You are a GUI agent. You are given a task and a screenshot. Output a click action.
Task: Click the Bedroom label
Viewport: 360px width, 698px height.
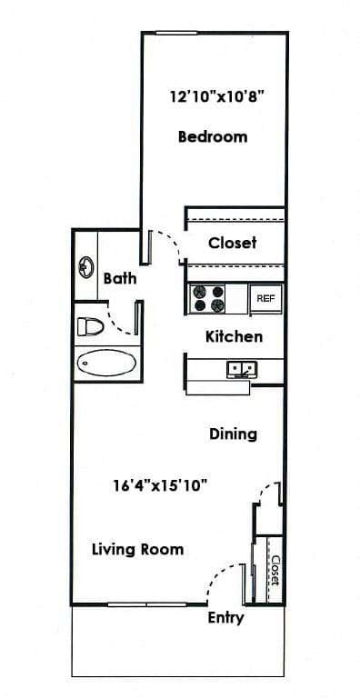pyautogui.click(x=213, y=136)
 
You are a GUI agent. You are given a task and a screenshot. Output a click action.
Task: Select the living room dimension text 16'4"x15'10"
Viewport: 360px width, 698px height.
pyautogui.click(x=160, y=484)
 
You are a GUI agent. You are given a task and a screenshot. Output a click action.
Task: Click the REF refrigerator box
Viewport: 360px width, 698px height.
pyautogui.click(x=265, y=299)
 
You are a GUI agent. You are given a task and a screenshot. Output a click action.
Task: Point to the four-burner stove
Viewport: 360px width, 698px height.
pyautogui.click(x=207, y=298)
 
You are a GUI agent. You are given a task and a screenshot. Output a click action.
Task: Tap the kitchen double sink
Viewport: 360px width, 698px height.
pyautogui.click(x=242, y=370)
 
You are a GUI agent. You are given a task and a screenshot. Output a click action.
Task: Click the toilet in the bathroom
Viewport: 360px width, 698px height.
pyautogui.click(x=90, y=326)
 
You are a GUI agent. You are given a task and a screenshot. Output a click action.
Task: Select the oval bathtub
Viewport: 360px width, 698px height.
pyautogui.click(x=106, y=362)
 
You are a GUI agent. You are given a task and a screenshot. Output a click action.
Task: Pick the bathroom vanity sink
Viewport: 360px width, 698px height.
pyautogui.click(x=86, y=267)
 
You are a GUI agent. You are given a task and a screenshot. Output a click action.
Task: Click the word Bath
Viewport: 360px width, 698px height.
pyautogui.click(x=120, y=279)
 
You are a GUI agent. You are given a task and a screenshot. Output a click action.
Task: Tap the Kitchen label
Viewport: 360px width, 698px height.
pyautogui.click(x=234, y=336)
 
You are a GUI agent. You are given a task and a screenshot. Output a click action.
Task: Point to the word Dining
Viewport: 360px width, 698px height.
pyautogui.click(x=233, y=434)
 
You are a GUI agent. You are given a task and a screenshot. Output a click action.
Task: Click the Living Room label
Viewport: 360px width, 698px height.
pyautogui.click(x=137, y=549)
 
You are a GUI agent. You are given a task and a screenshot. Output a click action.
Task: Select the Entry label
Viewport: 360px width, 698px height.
pyautogui.click(x=225, y=618)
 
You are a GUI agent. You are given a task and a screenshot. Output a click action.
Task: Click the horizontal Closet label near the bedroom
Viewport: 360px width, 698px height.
pyautogui.click(x=232, y=243)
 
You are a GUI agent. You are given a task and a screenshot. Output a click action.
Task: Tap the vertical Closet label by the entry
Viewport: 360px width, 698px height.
pyautogui.click(x=275, y=570)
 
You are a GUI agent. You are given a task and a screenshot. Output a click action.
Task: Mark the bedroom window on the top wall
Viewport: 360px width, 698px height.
pyautogui.click(x=176, y=33)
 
